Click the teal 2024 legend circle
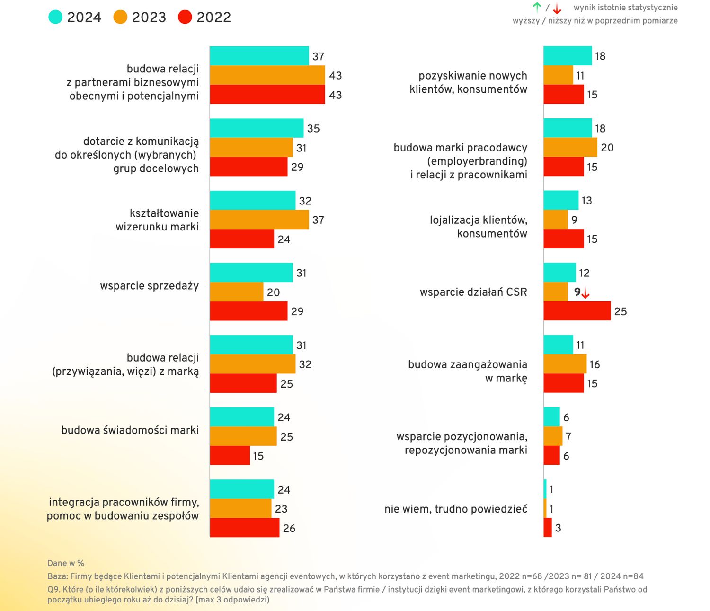coord(55,17)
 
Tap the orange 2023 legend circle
coord(120,17)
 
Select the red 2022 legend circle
coord(185,17)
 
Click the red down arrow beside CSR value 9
coord(586,293)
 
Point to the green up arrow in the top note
coord(537,7)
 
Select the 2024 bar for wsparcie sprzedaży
coord(251,272)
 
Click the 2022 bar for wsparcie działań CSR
coord(577,311)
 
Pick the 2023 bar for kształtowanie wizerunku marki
coord(259,220)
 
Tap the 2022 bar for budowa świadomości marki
coord(230,455)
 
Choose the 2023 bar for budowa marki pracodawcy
coord(570,147)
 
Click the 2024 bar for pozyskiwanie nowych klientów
coord(568,56)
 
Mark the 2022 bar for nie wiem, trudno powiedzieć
coord(548,528)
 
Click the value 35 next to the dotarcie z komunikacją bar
coord(313,128)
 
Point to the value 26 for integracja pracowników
coord(289,528)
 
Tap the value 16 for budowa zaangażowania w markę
coord(595,364)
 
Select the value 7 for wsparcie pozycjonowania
coord(568,436)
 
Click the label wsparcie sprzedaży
coord(150,286)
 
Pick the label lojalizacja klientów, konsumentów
coord(479,227)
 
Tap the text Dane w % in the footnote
coord(66,563)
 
